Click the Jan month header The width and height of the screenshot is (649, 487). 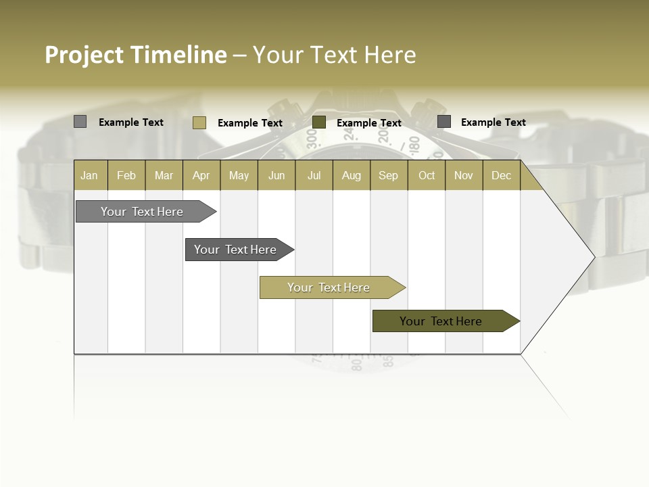pos(89,175)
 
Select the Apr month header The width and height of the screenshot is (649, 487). pos(201,175)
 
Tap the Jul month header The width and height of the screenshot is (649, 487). pos(314,175)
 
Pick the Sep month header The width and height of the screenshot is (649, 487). pos(388,175)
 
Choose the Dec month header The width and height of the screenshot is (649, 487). pos(501,175)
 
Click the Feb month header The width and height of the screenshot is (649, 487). pos(126,175)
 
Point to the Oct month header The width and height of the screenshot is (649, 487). pos(427,175)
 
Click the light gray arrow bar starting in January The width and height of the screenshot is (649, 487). pos(142,212)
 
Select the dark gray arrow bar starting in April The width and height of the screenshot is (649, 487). pos(235,250)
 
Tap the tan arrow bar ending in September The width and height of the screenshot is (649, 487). pos(329,287)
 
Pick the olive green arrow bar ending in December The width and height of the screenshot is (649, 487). pos(441,321)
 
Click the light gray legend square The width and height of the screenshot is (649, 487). pos(80,122)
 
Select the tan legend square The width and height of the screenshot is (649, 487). pos(199,122)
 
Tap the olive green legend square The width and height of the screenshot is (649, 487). pos(319,122)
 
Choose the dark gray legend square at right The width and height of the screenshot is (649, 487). pos(444,122)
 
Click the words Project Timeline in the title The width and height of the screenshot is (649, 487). pos(135,55)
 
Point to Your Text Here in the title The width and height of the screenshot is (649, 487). pos(334,55)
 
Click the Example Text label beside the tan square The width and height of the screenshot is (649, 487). pos(249,123)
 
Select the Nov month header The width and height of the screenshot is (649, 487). pos(464,175)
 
